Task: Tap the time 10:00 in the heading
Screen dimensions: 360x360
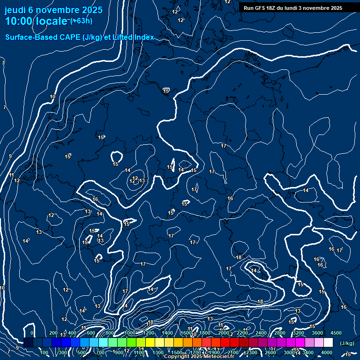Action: [x=19, y=21]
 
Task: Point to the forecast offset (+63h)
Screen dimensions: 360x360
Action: [x=82, y=20]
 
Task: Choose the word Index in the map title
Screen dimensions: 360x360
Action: [x=144, y=37]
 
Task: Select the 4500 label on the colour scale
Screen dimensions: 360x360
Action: [x=336, y=333]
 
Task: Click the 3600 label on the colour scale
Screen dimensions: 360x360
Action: [x=318, y=333]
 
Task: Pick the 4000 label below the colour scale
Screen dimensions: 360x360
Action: [x=327, y=352]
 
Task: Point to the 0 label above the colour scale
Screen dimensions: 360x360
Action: [x=31, y=333]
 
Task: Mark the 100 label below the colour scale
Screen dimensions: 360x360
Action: [x=45, y=352]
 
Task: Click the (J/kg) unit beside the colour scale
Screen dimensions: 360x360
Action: [x=346, y=344]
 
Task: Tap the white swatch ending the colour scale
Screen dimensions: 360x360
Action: [x=328, y=343]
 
